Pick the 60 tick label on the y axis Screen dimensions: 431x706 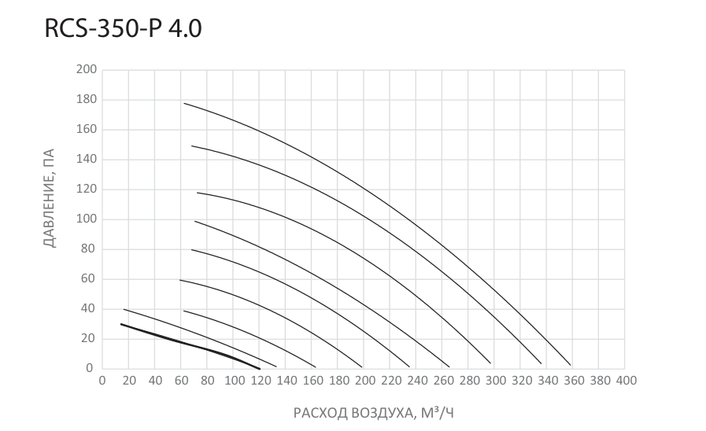[88, 278]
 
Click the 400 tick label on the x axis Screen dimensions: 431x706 [626, 381]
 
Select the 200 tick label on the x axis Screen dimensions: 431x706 [364, 381]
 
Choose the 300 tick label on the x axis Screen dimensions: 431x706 [495, 381]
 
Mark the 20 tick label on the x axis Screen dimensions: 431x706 [129, 381]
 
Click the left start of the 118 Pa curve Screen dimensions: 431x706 [198, 193]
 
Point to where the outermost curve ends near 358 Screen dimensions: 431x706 [571, 365]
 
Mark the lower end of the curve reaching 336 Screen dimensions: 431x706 [542, 363]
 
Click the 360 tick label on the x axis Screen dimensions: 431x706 [574, 381]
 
